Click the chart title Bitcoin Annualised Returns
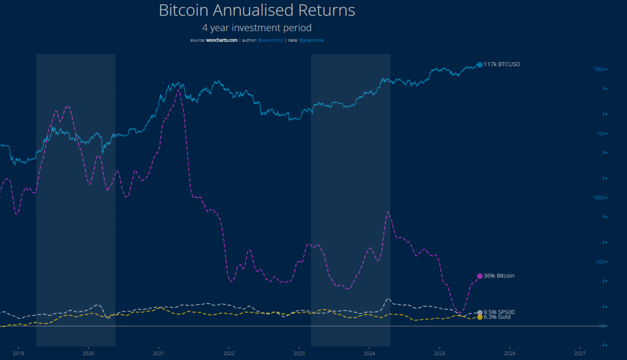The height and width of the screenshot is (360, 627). point(257,10)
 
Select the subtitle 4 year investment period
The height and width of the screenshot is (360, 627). point(257,27)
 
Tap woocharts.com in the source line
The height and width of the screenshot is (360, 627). point(221,40)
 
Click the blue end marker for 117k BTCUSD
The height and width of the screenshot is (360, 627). point(479,65)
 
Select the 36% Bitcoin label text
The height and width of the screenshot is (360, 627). point(499,276)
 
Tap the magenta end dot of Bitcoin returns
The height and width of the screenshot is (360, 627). point(480,276)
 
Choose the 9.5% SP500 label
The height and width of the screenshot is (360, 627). point(499,312)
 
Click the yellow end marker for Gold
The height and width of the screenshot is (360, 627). point(480,317)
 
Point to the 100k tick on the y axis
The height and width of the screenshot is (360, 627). point(599,69)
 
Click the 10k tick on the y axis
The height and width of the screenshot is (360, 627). point(600,133)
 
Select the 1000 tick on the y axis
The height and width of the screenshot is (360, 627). point(599,197)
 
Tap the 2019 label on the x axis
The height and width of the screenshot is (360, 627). point(18,353)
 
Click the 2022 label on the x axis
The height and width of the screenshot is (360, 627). point(229,353)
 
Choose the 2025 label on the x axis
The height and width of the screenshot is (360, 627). point(440,353)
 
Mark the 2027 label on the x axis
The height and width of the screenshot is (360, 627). point(580,353)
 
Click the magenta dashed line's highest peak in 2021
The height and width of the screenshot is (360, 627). point(178,90)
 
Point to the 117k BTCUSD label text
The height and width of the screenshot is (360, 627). point(502,64)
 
